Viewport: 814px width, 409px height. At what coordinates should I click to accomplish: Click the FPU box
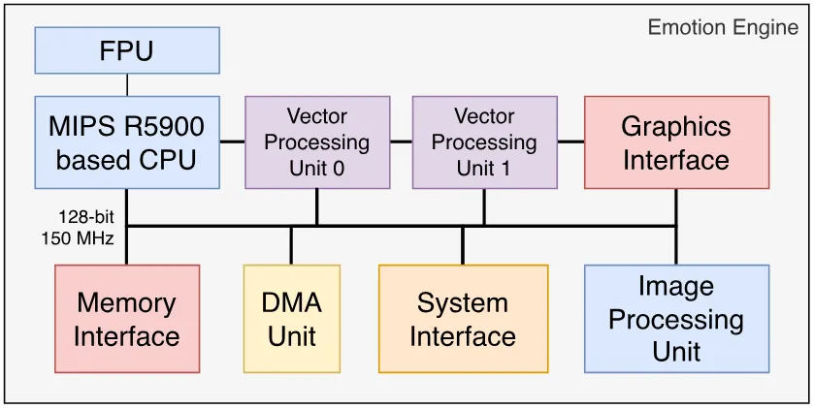coord(127,50)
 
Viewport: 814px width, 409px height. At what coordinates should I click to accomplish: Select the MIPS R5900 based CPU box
coord(127,142)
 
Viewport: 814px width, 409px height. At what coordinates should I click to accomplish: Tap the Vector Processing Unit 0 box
coord(317,142)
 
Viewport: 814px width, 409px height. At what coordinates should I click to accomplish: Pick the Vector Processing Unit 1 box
coord(485,142)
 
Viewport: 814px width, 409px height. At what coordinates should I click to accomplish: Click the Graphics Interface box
coord(676,142)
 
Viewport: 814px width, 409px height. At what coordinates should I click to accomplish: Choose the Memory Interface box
coord(127,319)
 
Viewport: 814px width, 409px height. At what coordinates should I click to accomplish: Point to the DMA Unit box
coord(292,319)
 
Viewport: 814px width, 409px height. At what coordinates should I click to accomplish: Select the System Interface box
coord(463,319)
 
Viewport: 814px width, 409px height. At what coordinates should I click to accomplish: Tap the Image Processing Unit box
coord(676,319)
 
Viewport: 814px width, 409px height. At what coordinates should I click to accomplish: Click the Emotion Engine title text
coord(723,27)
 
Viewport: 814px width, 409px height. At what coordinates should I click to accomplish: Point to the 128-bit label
coord(86,216)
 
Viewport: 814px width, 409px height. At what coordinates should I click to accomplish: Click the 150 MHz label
coord(78,239)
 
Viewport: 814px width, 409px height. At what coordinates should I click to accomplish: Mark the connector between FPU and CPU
coord(127,85)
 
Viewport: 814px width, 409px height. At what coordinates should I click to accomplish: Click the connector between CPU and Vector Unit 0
coord(232,142)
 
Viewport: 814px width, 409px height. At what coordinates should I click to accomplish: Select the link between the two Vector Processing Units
coord(402,142)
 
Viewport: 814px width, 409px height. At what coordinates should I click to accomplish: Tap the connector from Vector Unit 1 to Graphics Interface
coord(571,142)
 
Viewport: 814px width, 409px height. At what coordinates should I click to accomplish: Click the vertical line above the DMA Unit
coord(291,246)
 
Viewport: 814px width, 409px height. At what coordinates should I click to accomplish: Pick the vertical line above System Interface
coord(463,246)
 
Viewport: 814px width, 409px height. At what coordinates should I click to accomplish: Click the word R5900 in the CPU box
coord(163,127)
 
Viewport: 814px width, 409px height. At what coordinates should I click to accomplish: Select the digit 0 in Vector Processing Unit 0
coord(339,169)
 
